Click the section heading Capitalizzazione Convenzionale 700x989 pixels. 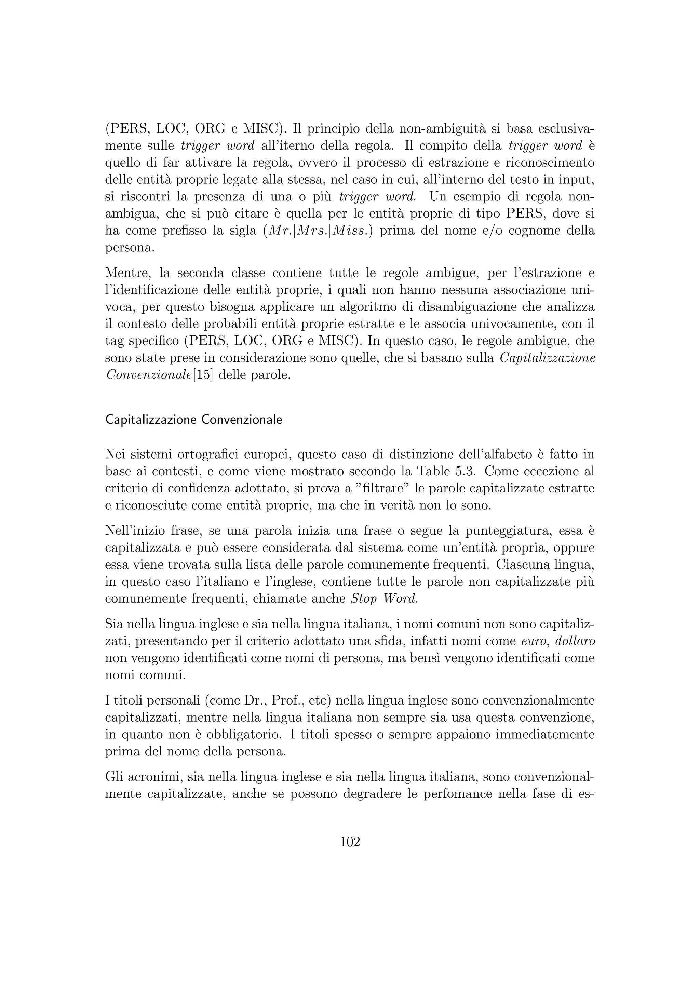(193, 420)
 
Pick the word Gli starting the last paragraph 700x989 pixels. (115, 777)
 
